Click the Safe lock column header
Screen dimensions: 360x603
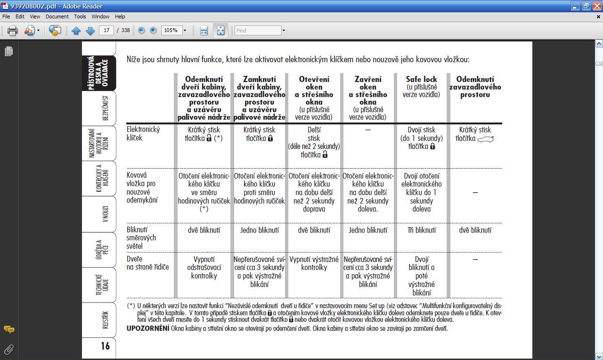coord(421,79)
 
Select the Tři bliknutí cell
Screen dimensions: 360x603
coord(421,230)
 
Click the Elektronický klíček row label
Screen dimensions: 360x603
coord(143,134)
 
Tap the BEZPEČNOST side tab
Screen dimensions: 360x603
coord(105,108)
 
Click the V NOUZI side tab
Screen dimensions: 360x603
coord(105,214)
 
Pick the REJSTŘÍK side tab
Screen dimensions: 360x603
coord(105,319)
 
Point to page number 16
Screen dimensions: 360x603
coord(105,346)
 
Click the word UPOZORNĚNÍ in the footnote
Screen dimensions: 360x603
coord(147,328)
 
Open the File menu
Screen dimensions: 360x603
coord(6,16)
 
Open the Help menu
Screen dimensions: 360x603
coord(120,16)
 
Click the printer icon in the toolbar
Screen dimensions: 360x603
coord(12,31)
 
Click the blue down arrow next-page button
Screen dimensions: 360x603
coord(90,31)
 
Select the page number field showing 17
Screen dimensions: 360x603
coord(106,31)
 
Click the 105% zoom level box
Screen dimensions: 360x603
coord(171,31)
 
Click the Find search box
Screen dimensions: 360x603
coord(258,31)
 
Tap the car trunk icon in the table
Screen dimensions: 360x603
coord(485,139)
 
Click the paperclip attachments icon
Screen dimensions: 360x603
coord(8,349)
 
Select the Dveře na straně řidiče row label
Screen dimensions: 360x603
coord(147,263)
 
